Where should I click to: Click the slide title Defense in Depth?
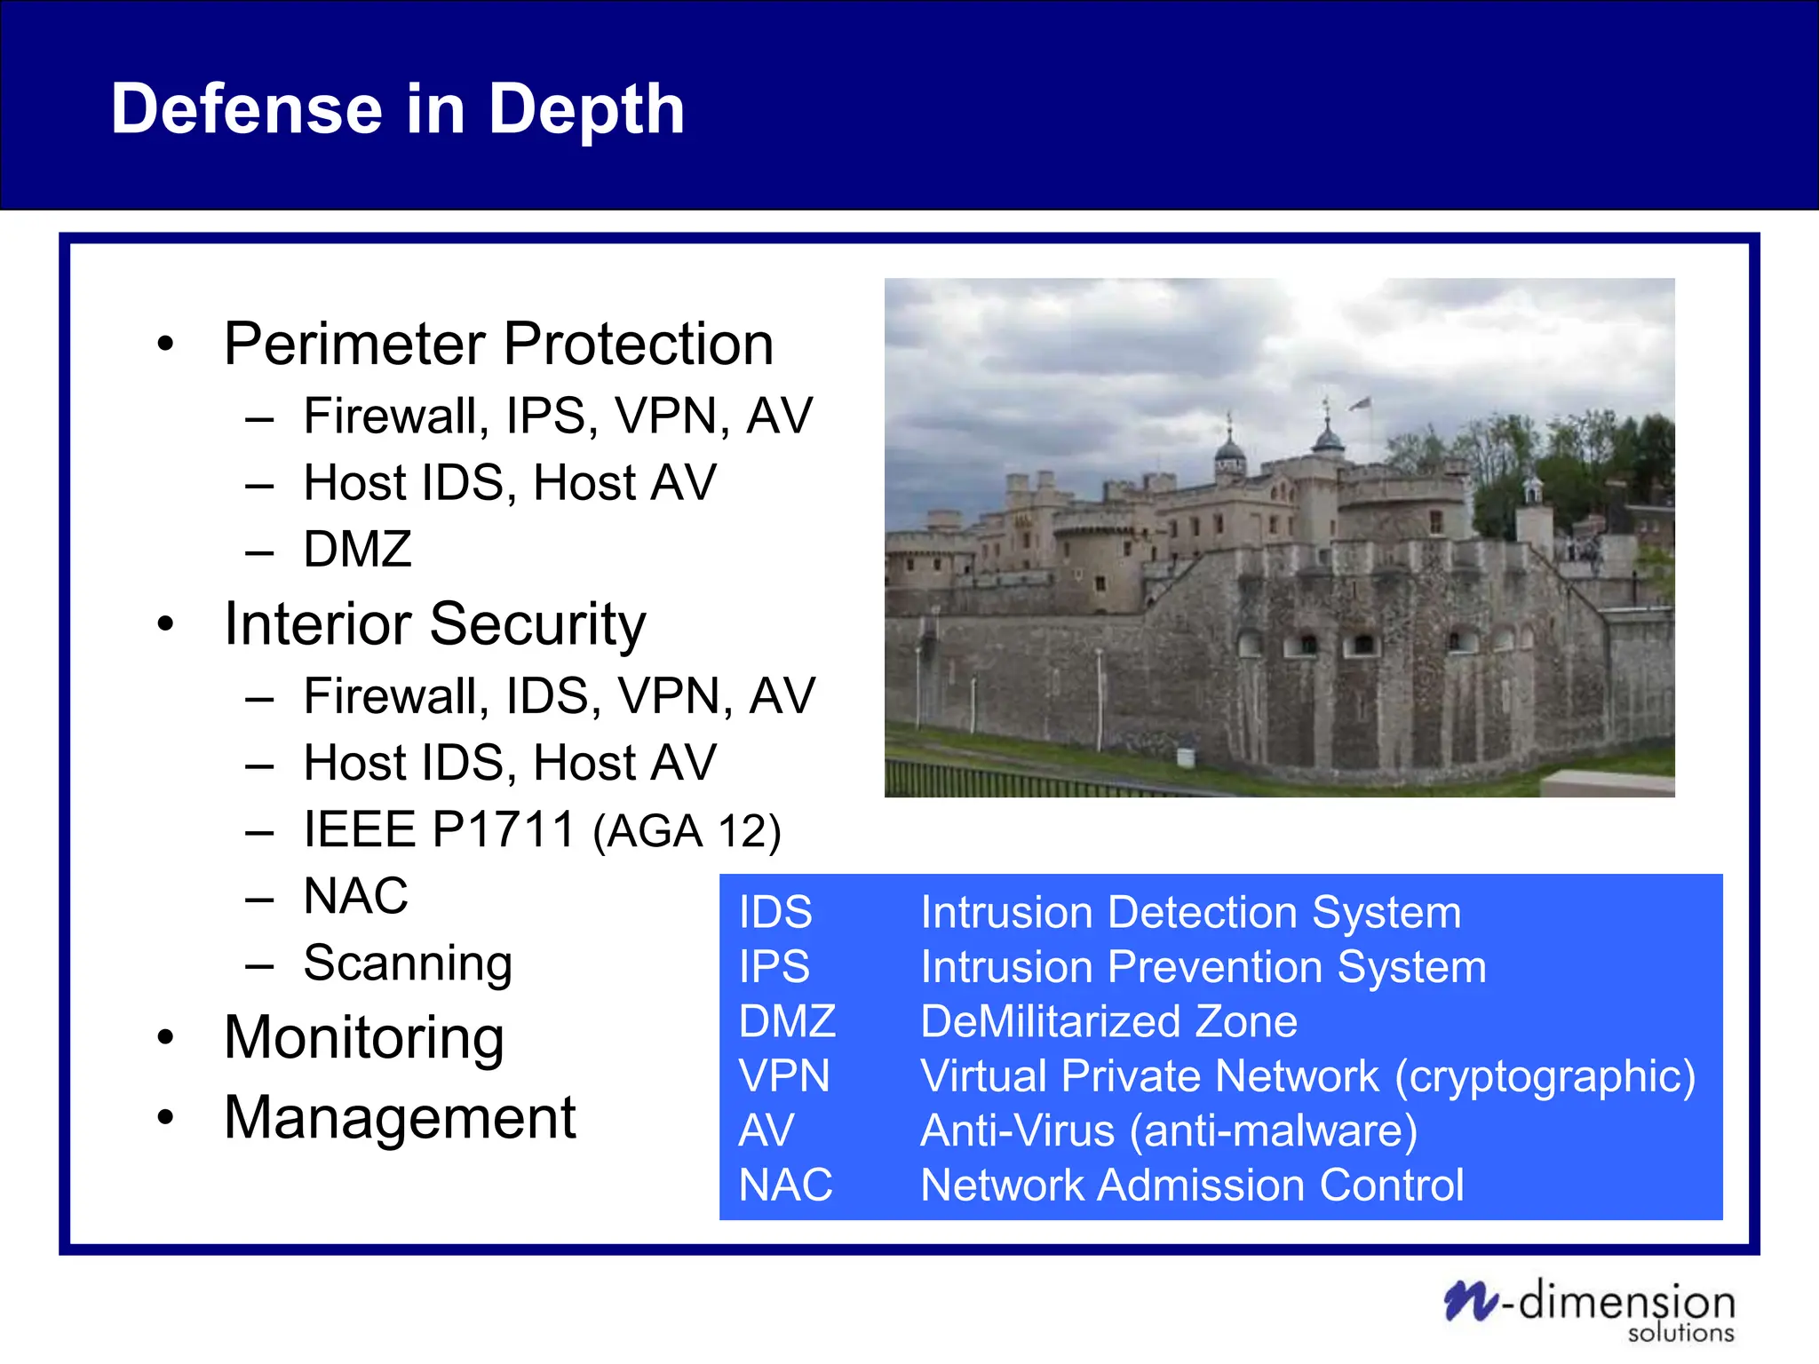click(397, 108)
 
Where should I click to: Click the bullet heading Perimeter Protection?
click(498, 344)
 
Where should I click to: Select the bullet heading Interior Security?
click(434, 623)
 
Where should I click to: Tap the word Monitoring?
click(364, 1037)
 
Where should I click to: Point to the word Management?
click(400, 1117)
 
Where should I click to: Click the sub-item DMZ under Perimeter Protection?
click(357, 549)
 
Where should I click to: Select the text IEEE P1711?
click(439, 829)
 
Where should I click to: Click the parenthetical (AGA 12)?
click(687, 832)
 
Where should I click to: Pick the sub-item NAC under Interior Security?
click(355, 895)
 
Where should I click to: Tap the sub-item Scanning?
click(407, 963)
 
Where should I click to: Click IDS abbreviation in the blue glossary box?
click(775, 912)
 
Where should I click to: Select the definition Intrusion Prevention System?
click(1203, 967)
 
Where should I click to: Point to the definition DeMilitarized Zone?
click(1108, 1021)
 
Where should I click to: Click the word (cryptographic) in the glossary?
click(1545, 1076)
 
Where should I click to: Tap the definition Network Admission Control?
click(1192, 1185)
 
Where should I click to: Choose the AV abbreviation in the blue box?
click(767, 1130)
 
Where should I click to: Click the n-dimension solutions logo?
click(1590, 1309)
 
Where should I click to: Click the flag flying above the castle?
click(1361, 404)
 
